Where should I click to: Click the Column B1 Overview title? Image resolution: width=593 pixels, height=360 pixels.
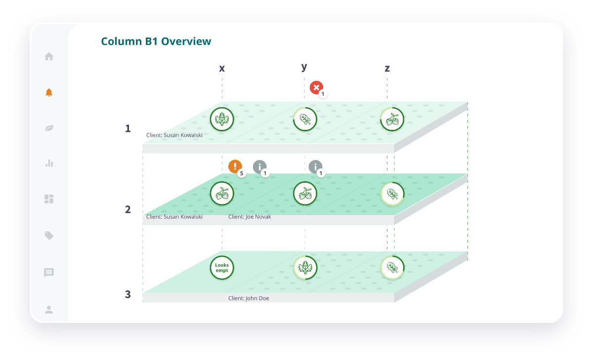pos(156,41)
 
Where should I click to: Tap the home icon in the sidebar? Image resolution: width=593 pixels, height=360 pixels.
pos(49,56)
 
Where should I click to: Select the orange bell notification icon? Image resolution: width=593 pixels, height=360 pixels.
pos(49,92)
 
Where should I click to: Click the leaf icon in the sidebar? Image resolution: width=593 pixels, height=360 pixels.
pos(49,128)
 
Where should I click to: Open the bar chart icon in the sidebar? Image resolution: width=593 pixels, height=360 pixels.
pos(49,163)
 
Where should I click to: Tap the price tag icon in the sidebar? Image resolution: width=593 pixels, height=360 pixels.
pos(49,236)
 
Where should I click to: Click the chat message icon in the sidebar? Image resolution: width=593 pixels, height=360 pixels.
pos(49,273)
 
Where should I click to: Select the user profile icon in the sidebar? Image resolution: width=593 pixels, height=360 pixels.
pos(49,310)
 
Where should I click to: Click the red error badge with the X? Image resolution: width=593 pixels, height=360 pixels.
pos(316,87)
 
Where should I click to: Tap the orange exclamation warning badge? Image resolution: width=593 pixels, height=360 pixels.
pos(235,166)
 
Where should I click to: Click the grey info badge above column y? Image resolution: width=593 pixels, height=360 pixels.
pos(315,166)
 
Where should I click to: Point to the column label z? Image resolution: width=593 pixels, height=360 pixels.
pos(387,68)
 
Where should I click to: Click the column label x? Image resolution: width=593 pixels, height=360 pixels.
pos(222,68)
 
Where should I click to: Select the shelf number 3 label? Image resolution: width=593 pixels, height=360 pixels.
pos(128,294)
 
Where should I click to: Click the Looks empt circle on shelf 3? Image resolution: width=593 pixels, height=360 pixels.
pos(222,268)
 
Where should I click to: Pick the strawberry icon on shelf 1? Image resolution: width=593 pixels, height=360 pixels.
pos(392,120)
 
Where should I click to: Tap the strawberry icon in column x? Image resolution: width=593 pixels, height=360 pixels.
pos(222,194)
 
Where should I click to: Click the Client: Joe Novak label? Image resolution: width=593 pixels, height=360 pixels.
pos(250,217)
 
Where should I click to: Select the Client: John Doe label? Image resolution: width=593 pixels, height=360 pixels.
pos(249,298)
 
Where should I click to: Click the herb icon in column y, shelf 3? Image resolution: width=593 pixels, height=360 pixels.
pos(305,268)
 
